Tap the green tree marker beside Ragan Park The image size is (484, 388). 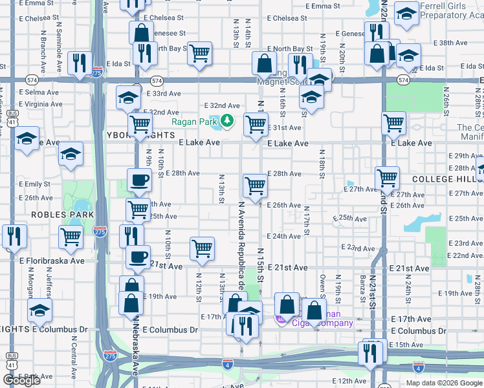point(227,120)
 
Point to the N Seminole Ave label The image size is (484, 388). point(60,50)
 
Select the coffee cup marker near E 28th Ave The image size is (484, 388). point(138,180)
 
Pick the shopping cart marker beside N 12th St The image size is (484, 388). point(202,248)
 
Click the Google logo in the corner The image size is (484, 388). point(22,380)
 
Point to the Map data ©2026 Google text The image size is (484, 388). point(443,383)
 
